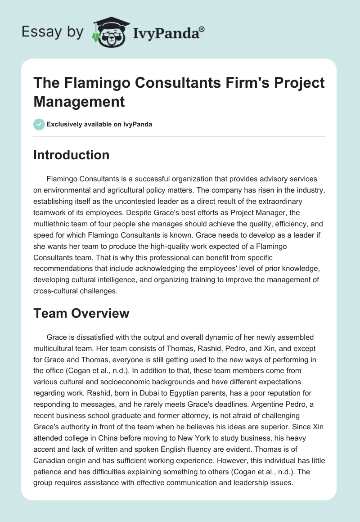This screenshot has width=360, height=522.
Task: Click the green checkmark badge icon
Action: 39,124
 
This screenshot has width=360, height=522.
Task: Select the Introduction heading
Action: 71,155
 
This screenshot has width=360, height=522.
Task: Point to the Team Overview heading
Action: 81,313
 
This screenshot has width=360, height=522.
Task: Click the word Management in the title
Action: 79,102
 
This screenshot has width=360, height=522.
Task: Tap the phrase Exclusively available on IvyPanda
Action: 99,124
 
